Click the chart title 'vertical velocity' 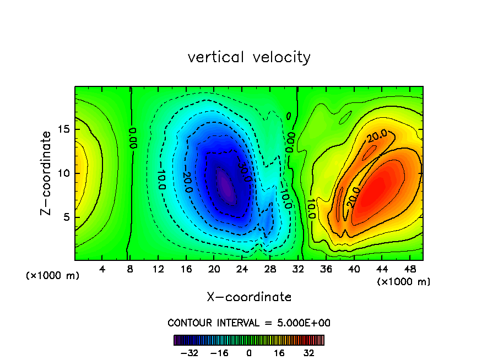click(249, 57)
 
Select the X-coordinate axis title click(249, 297)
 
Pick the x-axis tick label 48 click(409, 269)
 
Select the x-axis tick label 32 click(298, 269)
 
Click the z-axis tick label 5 click(68, 217)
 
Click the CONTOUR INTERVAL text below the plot click(249, 323)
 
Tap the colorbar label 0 click(249, 353)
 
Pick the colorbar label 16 click(279, 353)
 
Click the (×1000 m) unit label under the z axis click(53, 276)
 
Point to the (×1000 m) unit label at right click(404, 281)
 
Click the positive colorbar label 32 click(309, 353)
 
